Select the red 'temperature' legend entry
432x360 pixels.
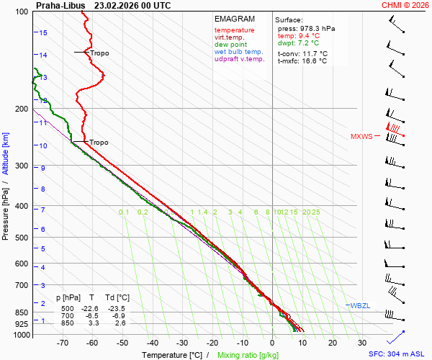click(x=234, y=30)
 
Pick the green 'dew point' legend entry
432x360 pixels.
click(x=230, y=45)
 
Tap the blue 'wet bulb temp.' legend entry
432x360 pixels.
click(x=238, y=52)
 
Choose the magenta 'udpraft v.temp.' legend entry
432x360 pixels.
click(x=240, y=59)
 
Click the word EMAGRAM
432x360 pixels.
click(x=235, y=19)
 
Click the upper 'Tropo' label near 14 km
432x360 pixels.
click(x=100, y=53)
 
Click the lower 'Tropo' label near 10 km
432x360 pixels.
click(x=99, y=143)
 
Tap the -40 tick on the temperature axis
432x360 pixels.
click(x=152, y=344)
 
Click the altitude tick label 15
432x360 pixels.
click(x=43, y=32)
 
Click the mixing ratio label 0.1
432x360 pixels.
click(x=124, y=212)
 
